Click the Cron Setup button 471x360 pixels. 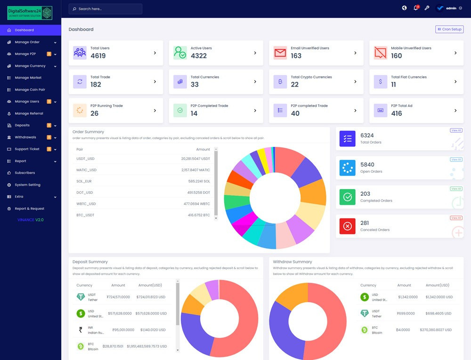pos(449,29)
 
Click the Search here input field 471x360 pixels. pos(106,9)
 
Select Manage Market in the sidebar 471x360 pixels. pos(28,78)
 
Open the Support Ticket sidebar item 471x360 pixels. pos(27,149)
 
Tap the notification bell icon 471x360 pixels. pos(416,8)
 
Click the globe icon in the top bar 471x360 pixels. pos(404,8)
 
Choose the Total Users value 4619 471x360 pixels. pos(98,56)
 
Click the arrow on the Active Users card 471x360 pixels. pos(255,53)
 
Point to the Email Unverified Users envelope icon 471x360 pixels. pos(280,53)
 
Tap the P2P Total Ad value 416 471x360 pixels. pos(397,113)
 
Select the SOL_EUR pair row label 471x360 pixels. pos(84,181)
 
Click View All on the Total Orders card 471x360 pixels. pos(456,130)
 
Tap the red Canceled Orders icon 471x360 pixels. pos(348,226)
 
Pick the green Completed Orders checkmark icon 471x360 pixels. pos(348,197)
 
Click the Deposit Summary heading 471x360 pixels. pos(90,262)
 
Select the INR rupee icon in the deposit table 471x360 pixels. pos(80,330)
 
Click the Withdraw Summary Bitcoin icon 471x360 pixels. pos(364,330)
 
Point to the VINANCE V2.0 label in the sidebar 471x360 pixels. pos(31,220)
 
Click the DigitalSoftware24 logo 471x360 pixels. pos(30,13)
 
